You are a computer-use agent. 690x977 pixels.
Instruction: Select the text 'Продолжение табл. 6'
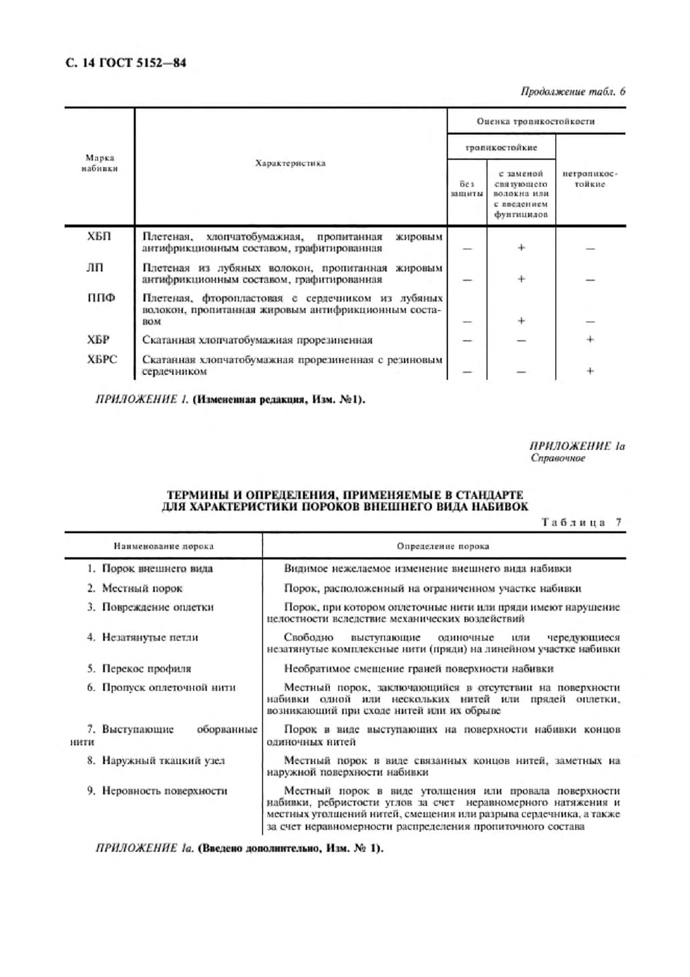click(x=572, y=91)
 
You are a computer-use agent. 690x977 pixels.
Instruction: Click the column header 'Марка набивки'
click(x=100, y=164)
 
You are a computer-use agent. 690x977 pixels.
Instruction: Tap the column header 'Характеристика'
click(x=290, y=163)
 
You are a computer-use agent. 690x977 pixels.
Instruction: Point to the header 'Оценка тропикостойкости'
click(x=536, y=122)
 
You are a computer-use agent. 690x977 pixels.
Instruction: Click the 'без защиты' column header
click(x=467, y=188)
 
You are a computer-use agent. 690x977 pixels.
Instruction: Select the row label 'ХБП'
click(x=99, y=236)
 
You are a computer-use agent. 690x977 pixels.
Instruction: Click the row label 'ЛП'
click(x=95, y=268)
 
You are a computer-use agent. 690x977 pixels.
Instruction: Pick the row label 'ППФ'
click(x=101, y=299)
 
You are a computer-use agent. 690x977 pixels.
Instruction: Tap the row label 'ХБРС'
click(x=102, y=359)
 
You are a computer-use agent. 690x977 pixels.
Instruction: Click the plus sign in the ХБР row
click(x=590, y=339)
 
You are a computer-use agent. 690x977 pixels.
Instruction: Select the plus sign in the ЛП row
click(x=521, y=279)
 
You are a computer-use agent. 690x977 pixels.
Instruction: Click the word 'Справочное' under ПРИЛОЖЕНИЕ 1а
click(x=558, y=458)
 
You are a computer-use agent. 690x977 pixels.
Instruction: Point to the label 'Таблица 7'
click(x=581, y=522)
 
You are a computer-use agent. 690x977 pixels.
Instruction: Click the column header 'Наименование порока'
click(x=164, y=546)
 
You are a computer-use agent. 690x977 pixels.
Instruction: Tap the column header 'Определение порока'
click(x=443, y=546)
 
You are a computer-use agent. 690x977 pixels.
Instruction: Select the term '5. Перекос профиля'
click(x=139, y=668)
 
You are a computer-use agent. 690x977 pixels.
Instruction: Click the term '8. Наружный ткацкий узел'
click(x=156, y=760)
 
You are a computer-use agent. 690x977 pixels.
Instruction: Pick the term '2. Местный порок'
click(x=134, y=588)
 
